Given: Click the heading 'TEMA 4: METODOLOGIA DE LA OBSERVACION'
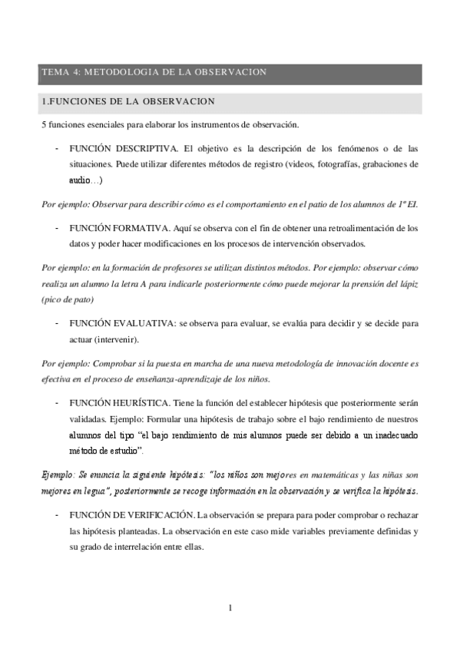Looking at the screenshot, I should [154, 72].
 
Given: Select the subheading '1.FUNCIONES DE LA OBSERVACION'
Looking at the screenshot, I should [128, 101].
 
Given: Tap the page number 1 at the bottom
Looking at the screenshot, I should [230, 609].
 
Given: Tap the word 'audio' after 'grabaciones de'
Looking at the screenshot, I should [80, 180].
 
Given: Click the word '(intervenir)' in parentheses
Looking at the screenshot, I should [116, 340].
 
